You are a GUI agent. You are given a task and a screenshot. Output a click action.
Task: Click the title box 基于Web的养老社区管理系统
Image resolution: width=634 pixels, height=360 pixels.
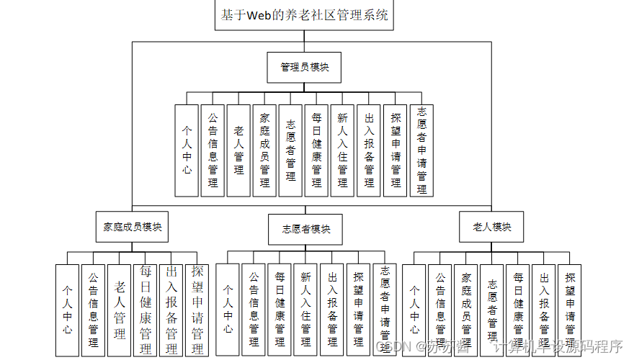point(305,15)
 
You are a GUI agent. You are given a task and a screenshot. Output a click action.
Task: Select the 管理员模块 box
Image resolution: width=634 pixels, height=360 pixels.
point(304,67)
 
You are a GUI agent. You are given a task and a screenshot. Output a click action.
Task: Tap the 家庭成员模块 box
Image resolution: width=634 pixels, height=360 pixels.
point(132,227)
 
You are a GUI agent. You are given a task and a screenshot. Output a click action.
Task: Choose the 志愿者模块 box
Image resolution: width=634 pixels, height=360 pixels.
point(305,230)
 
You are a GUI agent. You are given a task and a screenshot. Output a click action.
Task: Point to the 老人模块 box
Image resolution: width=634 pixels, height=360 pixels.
point(492,227)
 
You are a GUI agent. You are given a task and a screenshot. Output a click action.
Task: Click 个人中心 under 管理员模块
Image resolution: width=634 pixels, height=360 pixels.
point(187,150)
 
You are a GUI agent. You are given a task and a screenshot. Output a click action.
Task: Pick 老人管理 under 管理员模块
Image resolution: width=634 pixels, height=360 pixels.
point(238,150)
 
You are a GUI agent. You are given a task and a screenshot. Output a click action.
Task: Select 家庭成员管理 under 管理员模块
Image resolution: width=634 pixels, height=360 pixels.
point(264,150)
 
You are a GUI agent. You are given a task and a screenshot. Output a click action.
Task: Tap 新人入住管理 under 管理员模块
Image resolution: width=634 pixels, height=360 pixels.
point(342,150)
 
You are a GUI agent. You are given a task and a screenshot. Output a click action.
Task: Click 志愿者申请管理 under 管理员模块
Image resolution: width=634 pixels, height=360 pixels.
point(421,150)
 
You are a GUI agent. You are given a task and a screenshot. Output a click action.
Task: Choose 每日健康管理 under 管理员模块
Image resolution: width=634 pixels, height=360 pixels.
point(316,150)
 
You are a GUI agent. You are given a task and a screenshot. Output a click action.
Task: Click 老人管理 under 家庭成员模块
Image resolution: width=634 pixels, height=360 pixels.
point(120,310)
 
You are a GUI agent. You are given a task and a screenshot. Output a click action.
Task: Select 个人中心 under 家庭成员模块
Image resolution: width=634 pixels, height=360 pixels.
point(67,310)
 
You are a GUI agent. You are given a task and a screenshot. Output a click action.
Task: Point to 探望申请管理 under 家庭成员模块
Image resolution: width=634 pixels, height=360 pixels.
point(197,310)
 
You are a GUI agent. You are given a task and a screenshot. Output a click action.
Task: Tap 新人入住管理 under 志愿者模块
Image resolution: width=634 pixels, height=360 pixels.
point(305,310)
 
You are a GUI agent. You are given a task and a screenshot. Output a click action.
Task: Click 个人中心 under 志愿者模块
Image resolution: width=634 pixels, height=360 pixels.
point(228,310)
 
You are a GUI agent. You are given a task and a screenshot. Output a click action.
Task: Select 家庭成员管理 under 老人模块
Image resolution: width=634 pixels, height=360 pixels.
point(466,310)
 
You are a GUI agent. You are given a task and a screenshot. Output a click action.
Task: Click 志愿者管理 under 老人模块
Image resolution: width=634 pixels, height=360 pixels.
point(492,310)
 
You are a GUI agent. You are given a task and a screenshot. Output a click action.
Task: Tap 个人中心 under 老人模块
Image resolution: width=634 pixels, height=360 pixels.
point(414,310)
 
